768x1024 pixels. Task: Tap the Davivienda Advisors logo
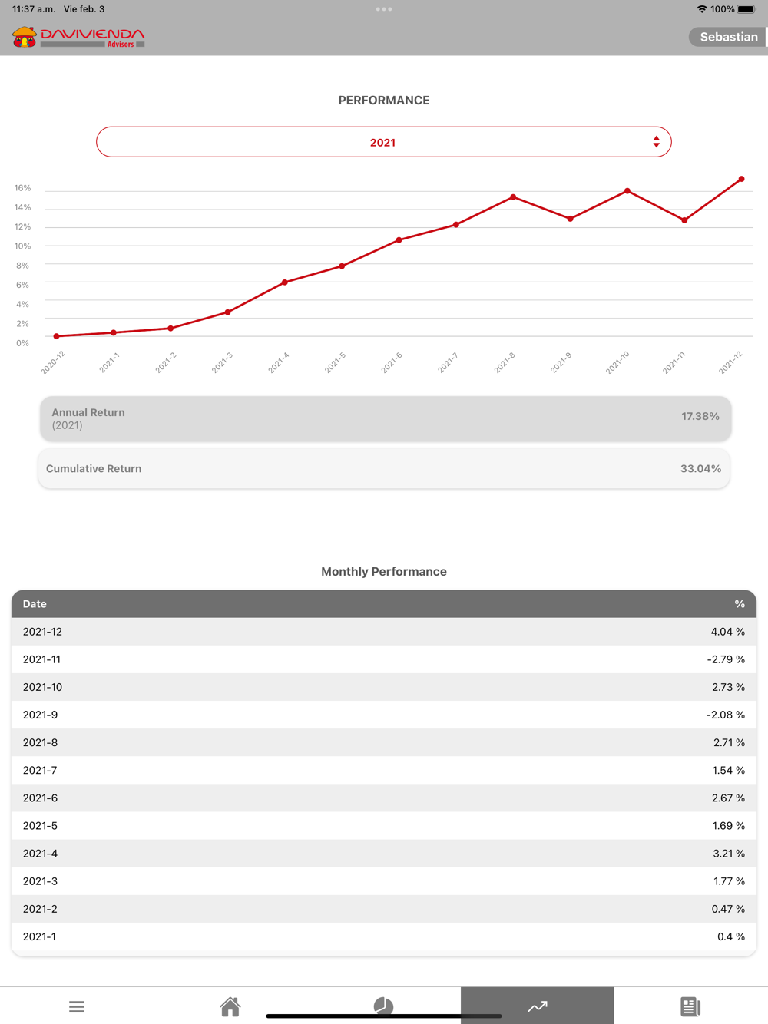click(x=78, y=37)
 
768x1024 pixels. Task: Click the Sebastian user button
click(x=727, y=37)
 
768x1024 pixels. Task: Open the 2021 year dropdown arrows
click(x=656, y=142)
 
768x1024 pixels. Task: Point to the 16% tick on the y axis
click(x=22, y=188)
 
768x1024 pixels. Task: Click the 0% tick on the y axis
click(x=22, y=343)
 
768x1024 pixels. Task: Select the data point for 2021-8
click(x=513, y=197)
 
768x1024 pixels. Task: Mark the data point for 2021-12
click(x=741, y=179)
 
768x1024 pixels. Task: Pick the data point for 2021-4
click(x=285, y=282)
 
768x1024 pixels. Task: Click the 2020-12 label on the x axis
click(x=53, y=362)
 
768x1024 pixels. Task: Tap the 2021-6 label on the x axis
click(x=392, y=362)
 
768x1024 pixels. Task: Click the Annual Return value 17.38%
click(x=700, y=416)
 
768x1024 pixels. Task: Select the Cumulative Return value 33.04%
click(x=700, y=468)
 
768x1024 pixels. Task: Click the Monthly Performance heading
click(x=383, y=571)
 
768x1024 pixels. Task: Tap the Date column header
click(x=35, y=604)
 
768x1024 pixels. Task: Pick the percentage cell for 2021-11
click(x=725, y=659)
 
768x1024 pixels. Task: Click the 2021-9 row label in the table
click(x=40, y=715)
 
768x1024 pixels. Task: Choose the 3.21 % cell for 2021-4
click(x=728, y=854)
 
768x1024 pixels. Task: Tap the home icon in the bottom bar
click(x=230, y=1006)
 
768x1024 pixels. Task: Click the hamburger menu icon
click(x=76, y=1006)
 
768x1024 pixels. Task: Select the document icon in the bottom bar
click(x=690, y=1006)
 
